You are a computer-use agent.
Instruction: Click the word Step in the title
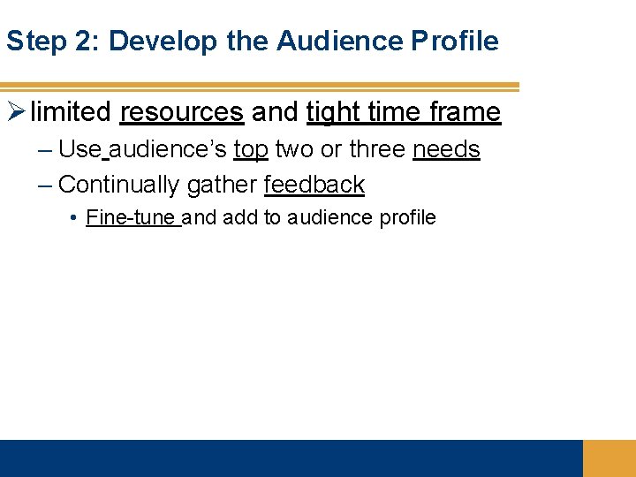point(34,41)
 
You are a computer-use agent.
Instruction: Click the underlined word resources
point(181,112)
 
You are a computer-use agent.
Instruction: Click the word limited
point(71,112)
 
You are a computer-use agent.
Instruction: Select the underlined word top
point(251,150)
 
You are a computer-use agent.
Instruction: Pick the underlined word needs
point(446,149)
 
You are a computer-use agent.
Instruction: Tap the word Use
point(79,149)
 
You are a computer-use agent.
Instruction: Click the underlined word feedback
point(314,185)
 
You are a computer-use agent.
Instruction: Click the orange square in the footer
point(609,458)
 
